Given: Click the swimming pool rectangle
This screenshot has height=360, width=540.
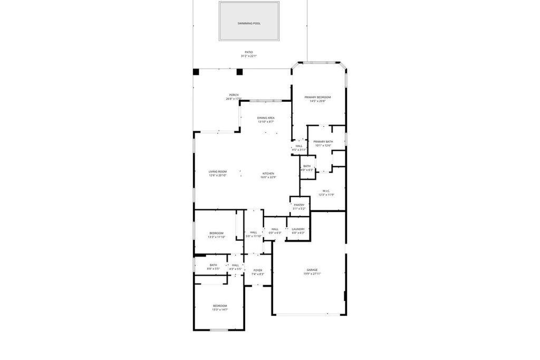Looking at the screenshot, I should (249, 21).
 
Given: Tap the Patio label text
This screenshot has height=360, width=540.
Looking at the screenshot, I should (249, 52).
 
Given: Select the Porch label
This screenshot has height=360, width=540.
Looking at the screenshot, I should (234, 95).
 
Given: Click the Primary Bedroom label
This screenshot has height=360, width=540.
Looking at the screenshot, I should (317, 97).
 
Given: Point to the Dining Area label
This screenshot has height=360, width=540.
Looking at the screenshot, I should (266, 118).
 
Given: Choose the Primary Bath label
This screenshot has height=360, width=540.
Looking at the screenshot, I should (323, 141).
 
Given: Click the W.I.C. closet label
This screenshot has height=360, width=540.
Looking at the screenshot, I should (326, 191).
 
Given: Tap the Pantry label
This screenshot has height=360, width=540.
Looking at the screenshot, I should (299, 205).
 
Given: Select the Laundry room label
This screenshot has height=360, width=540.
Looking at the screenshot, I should (298, 229).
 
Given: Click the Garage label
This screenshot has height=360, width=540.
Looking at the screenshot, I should (312, 269).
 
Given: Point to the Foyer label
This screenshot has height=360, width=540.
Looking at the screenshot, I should (257, 270).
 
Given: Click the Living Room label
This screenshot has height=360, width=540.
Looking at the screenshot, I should (217, 171).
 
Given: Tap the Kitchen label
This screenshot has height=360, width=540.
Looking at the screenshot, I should (268, 173).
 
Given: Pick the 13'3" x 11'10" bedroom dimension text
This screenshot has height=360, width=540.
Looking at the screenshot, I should (216, 237).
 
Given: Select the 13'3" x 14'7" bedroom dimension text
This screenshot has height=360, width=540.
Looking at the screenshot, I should (219, 310).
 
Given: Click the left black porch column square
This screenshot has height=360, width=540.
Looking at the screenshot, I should (196, 72).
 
